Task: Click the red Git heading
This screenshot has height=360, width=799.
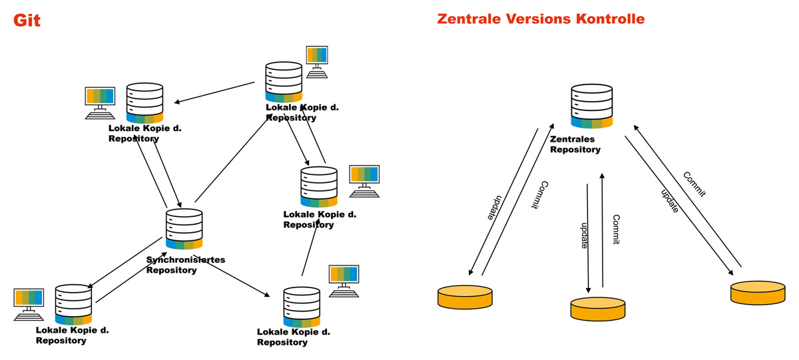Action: click(27, 21)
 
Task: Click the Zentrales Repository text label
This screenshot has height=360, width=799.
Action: click(575, 144)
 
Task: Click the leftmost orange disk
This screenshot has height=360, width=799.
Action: click(465, 297)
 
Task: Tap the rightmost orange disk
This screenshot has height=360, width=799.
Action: click(758, 292)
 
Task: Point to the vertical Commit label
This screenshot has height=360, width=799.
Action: click(616, 230)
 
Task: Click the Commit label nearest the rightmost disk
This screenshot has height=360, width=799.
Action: click(694, 184)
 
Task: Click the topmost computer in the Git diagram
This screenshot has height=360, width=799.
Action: click(317, 61)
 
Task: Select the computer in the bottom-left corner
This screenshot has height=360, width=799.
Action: click(29, 304)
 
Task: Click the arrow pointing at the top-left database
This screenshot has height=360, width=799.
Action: click(214, 92)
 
